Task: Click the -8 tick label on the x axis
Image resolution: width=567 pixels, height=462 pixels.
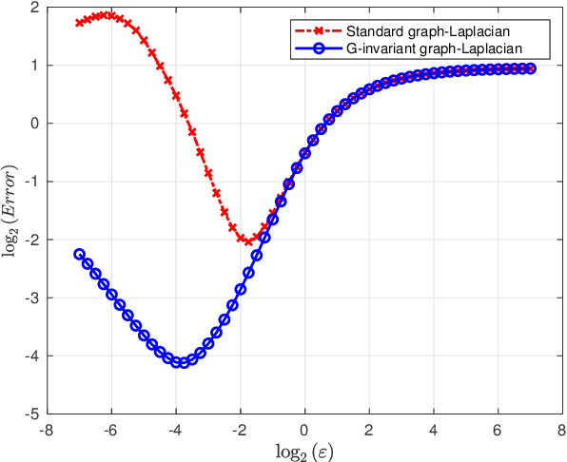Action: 46,429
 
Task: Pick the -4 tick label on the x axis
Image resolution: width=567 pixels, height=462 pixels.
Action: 174,429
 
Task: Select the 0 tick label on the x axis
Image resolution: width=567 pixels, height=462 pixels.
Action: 304,429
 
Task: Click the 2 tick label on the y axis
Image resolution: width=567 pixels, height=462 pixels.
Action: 33,8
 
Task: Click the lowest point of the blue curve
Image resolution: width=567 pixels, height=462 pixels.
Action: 181,362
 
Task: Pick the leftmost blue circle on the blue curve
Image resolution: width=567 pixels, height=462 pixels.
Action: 79,255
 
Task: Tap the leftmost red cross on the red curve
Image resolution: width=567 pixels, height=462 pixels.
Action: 79,23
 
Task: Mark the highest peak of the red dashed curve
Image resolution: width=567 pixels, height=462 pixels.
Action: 108,15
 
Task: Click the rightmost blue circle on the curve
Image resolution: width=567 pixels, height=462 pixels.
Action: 530,68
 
